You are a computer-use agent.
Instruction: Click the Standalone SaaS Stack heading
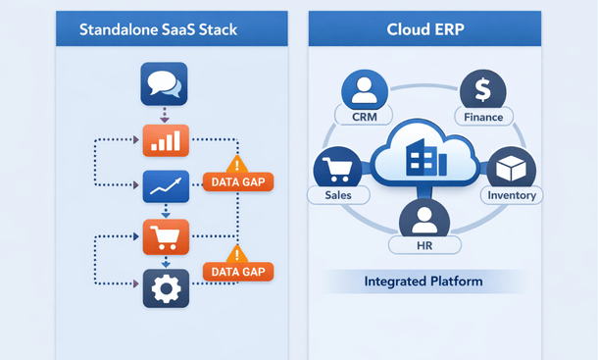tap(173, 29)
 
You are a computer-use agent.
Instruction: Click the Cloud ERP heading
tap(424, 29)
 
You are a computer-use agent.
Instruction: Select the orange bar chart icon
tap(165, 139)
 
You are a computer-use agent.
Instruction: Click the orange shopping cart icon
tap(165, 235)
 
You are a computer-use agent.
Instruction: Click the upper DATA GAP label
tap(237, 181)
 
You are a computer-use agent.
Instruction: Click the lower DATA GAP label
tap(237, 271)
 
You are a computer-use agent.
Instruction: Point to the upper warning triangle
tap(235, 164)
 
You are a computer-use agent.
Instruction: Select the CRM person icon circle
tap(364, 92)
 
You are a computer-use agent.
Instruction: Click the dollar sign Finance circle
tap(482, 90)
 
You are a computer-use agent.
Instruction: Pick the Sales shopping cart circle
tap(336, 171)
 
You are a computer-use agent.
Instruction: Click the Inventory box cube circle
tap(512, 170)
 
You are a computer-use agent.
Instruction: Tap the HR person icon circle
tap(424, 219)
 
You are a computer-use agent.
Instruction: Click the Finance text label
tap(483, 117)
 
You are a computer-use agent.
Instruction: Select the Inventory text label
tap(513, 195)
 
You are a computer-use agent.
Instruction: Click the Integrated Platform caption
tap(423, 282)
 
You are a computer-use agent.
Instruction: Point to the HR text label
tap(424, 245)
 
